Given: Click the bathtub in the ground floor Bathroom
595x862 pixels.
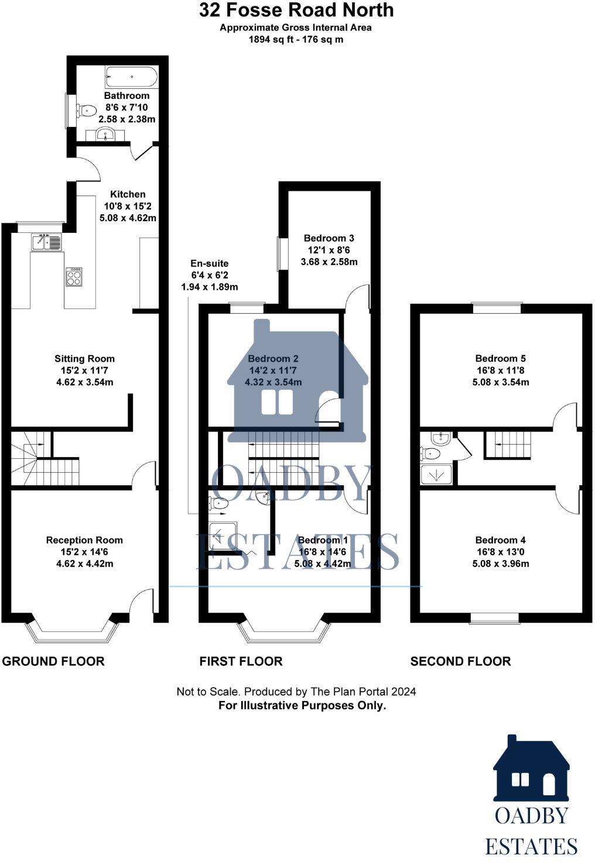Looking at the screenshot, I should coord(131,76).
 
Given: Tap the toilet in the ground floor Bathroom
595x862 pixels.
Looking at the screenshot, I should coord(87,109).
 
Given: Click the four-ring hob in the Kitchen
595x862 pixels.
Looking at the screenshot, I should coord(74,276).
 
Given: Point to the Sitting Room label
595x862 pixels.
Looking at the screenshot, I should coord(84,359).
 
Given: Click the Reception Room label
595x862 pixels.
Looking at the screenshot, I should coord(84,540).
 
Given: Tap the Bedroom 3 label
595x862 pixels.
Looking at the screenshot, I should coord(329,238).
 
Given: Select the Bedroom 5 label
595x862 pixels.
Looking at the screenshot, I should coord(500,359).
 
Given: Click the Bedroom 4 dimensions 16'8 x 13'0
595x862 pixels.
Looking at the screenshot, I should coord(500,552).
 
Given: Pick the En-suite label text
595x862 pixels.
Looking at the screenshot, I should coord(209,263).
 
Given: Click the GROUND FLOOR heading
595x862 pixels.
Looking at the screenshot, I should coord(53,661).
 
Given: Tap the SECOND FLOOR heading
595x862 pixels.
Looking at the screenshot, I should coord(460,661).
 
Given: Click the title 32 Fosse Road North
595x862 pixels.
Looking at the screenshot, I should coord(296,10).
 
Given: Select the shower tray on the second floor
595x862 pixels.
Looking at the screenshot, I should coord(436,475).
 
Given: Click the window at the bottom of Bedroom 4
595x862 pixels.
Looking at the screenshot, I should coord(495,617).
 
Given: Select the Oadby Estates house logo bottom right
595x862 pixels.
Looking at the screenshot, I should coord(531,770).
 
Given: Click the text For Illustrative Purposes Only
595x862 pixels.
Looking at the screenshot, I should coord(302,705).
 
